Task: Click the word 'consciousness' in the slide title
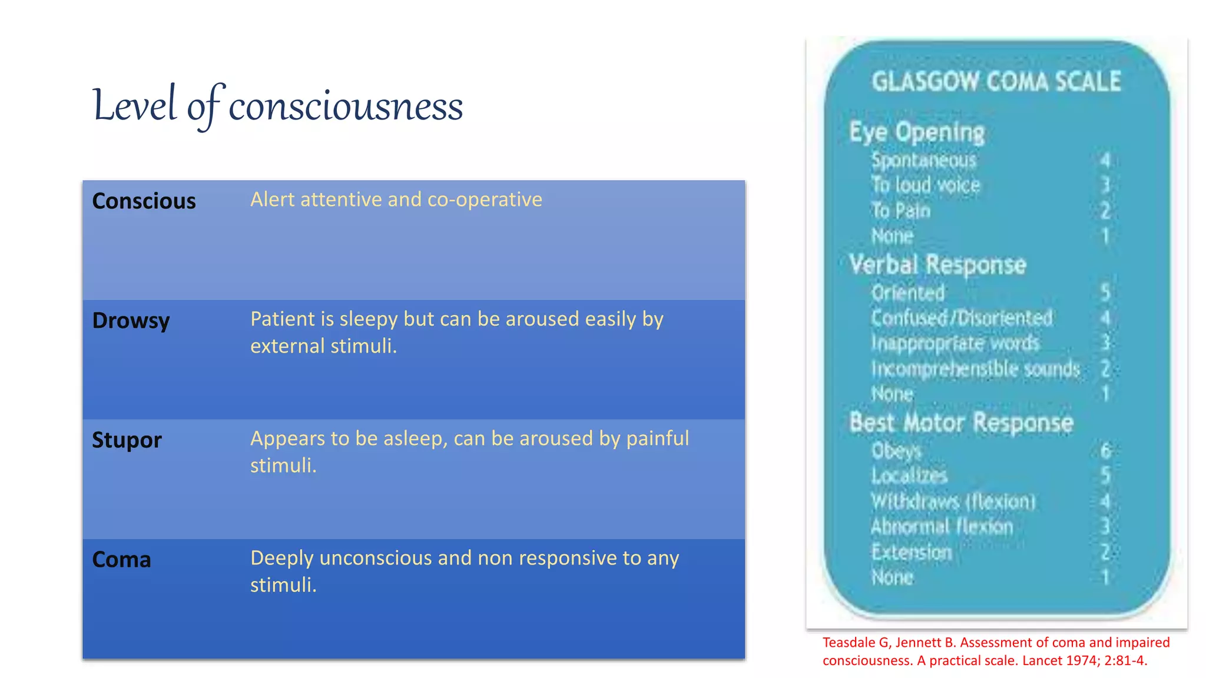coord(346,107)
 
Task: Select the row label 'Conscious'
coord(144,201)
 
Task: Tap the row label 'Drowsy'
coord(131,321)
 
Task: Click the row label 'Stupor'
coord(127,440)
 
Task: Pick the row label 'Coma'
coord(121,560)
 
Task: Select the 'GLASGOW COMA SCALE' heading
coord(996,82)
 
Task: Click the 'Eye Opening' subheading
coord(917,132)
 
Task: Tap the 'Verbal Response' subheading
coord(937,265)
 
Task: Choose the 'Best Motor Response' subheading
coord(962,423)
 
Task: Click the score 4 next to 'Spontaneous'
coord(1105,160)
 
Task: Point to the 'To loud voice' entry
coord(926,185)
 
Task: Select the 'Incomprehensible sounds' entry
coord(976,369)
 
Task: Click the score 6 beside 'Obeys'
coord(1105,451)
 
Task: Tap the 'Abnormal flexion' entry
coord(942,527)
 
